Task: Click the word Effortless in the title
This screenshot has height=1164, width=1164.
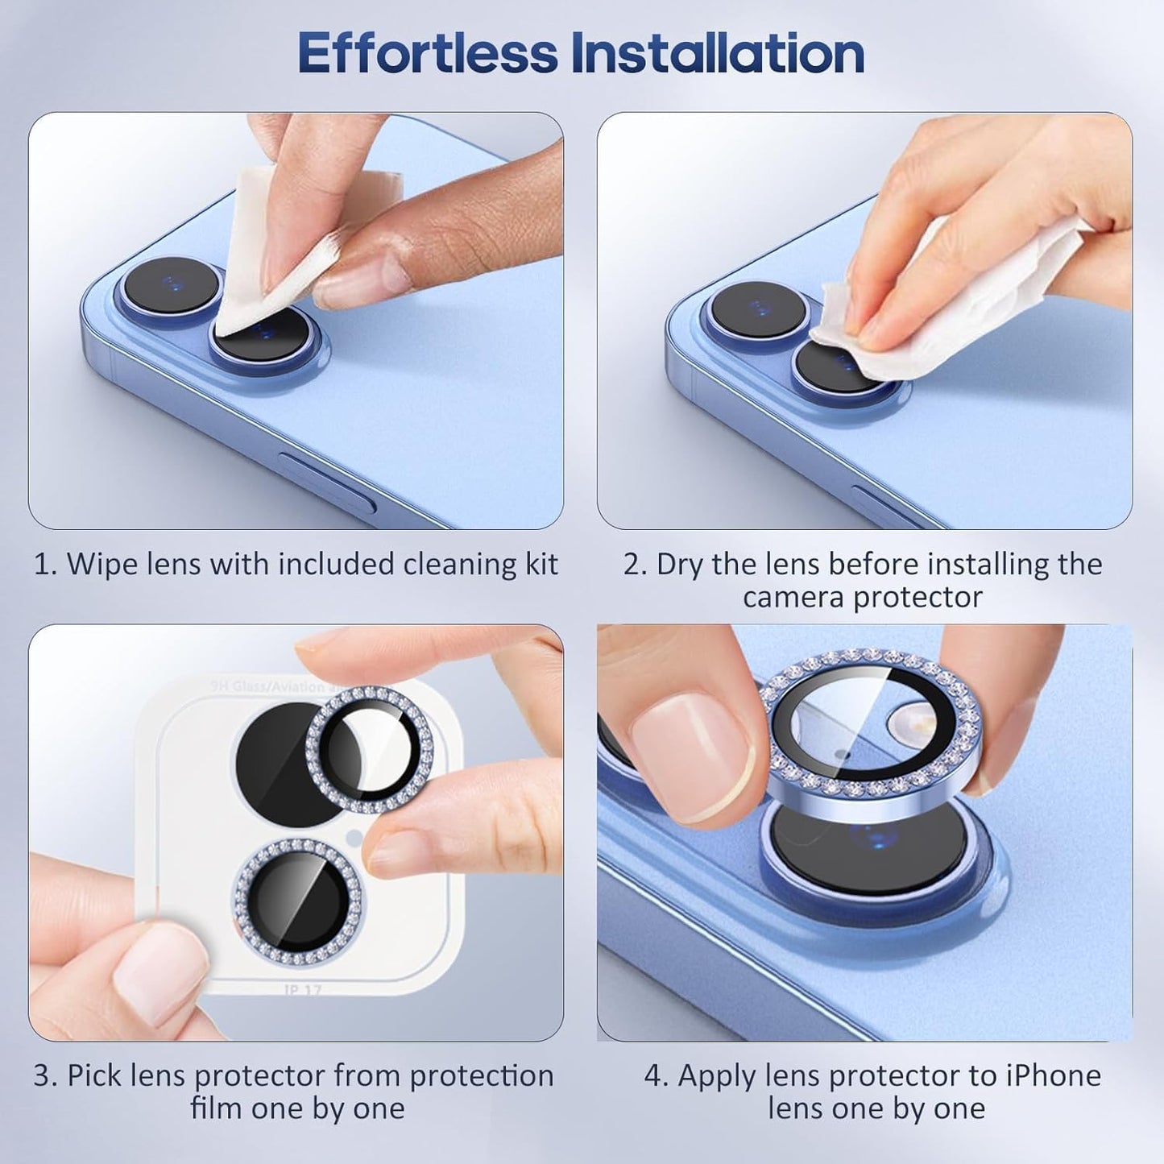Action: tap(427, 53)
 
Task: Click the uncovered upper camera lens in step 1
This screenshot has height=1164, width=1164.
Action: tap(171, 284)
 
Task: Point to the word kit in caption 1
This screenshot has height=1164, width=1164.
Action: tap(541, 564)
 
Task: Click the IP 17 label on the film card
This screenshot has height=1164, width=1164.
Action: tap(302, 989)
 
